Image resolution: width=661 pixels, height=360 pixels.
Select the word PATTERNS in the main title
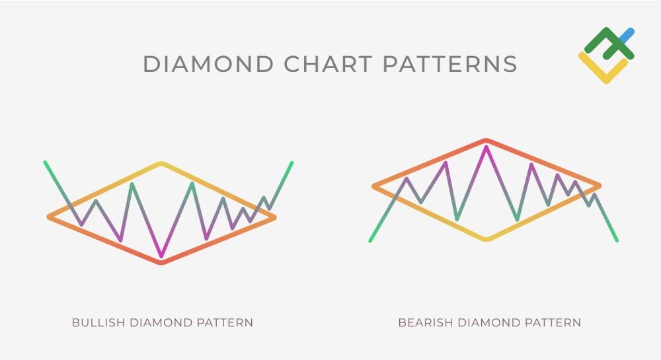(449, 64)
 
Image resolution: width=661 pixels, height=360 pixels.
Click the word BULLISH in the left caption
(98, 323)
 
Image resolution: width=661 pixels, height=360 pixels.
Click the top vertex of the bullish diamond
(161, 163)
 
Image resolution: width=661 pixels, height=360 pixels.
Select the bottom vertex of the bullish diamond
(161, 262)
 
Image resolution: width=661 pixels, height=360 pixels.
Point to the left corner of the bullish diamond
(50, 217)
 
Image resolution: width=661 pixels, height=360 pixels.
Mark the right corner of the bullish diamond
(274, 217)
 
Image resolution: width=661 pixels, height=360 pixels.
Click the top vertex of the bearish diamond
(486, 141)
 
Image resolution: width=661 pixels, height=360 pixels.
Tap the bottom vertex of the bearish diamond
(486, 238)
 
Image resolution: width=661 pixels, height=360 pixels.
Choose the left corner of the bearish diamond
(374, 186)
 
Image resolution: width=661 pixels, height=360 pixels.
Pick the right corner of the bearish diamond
(599, 186)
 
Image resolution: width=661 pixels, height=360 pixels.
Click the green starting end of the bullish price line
(45, 162)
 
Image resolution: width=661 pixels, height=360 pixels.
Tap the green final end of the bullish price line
(292, 162)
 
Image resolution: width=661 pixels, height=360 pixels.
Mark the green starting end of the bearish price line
(370, 240)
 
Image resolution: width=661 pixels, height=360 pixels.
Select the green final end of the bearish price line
(617, 240)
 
